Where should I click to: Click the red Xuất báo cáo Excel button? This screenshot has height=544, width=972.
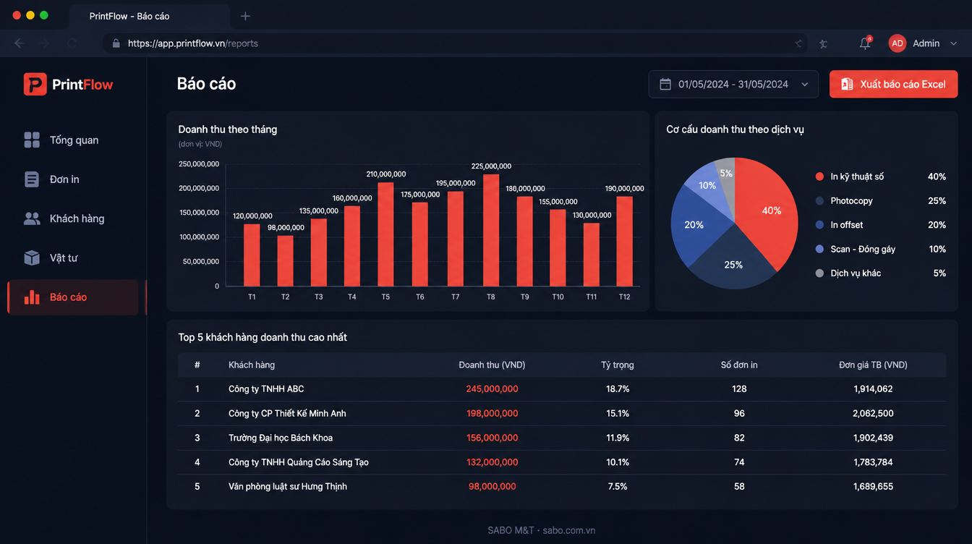(x=893, y=84)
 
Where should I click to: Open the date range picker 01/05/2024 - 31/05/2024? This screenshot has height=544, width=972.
(x=733, y=84)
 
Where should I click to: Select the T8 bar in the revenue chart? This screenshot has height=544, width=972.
(x=491, y=230)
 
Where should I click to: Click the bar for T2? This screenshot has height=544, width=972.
(x=285, y=260)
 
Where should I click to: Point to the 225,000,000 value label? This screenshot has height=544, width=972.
(x=491, y=166)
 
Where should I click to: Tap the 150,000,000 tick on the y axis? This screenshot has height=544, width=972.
(x=199, y=212)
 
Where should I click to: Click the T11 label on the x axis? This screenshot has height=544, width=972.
(x=591, y=297)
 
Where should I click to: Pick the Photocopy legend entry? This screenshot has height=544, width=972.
(x=851, y=200)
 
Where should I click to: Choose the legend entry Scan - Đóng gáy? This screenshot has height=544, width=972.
(x=862, y=249)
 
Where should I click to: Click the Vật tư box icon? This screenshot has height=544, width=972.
(x=32, y=258)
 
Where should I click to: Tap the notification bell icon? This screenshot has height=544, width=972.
(x=865, y=43)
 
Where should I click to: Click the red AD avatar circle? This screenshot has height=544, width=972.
(x=897, y=43)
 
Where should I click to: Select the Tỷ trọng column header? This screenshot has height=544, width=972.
(x=617, y=365)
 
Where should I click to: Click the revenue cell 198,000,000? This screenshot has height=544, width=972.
(x=492, y=413)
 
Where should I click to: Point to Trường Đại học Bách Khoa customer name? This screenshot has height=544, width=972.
(x=281, y=438)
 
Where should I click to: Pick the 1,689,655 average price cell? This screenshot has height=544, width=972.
(x=873, y=486)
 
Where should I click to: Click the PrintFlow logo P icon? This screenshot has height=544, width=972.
(x=35, y=84)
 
